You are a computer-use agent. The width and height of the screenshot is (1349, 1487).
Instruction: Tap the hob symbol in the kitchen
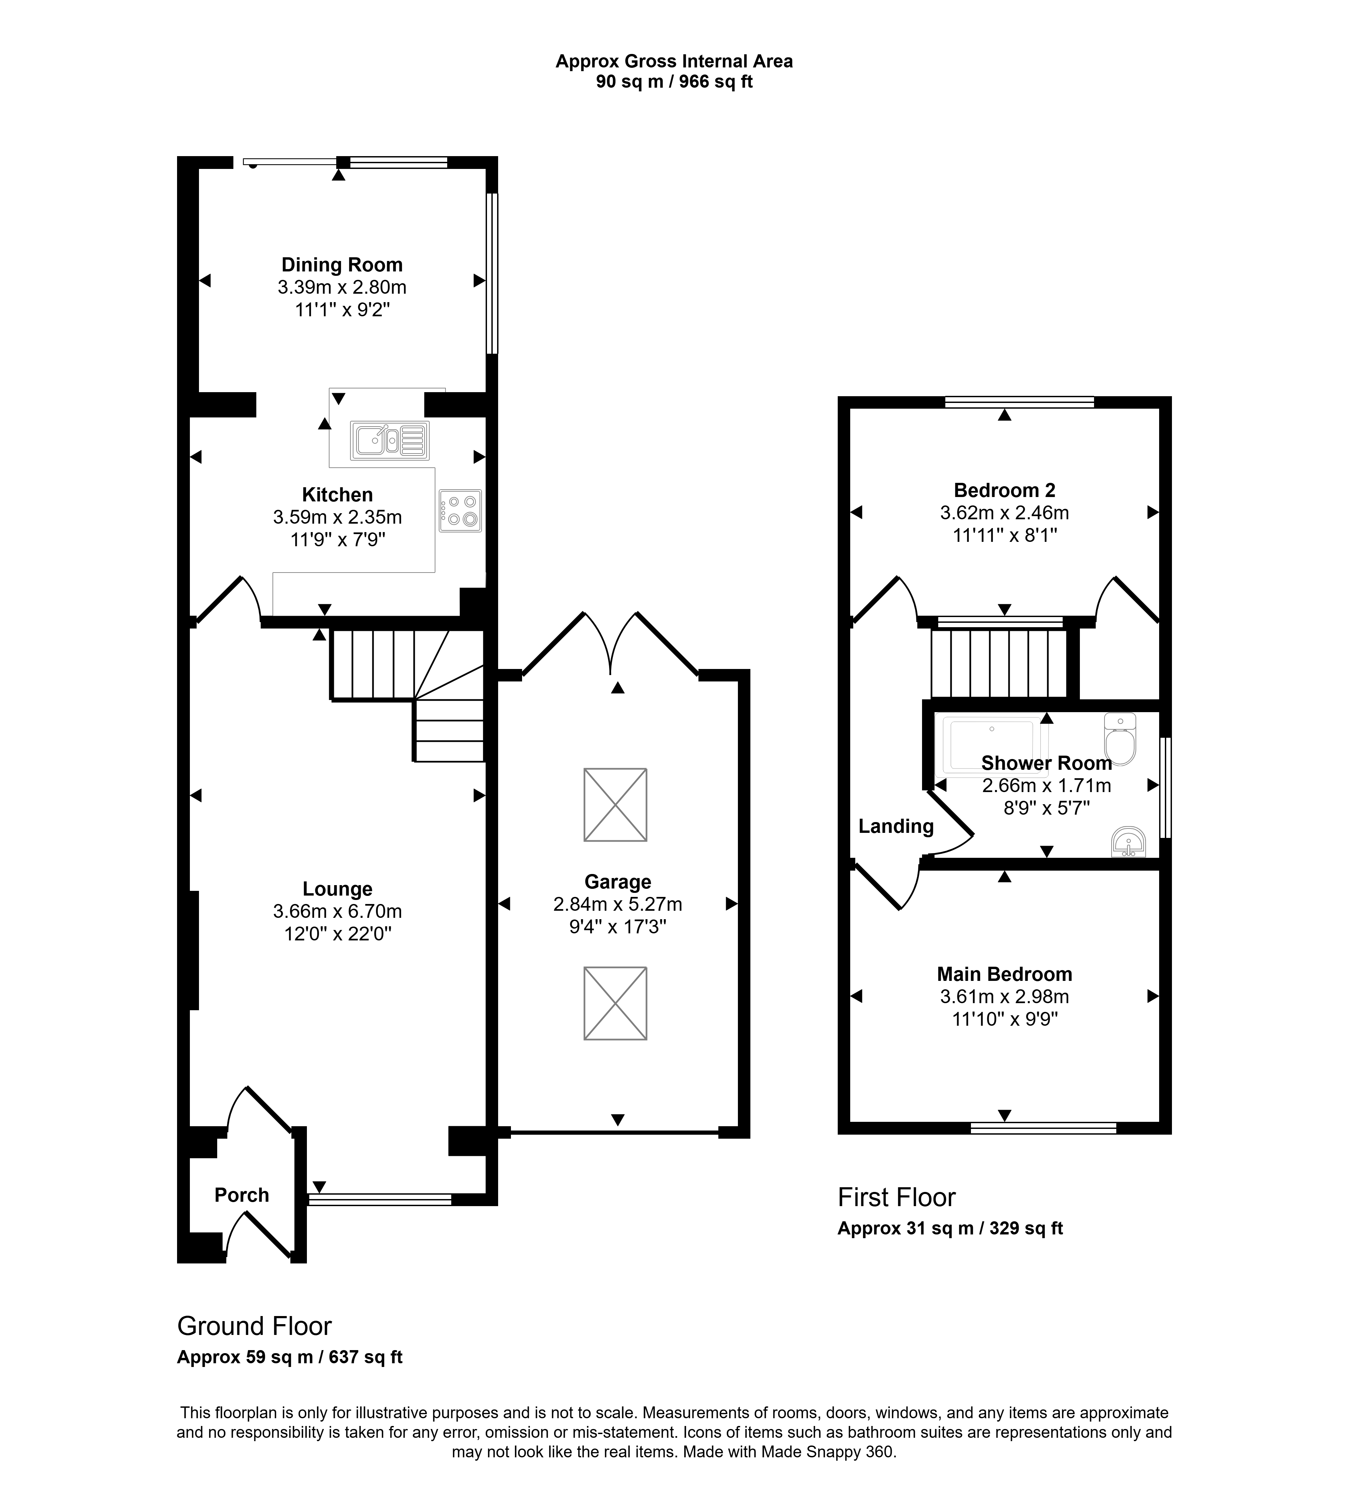coord(460,511)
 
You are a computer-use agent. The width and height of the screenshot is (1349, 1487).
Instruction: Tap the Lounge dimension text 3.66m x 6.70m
coord(337,912)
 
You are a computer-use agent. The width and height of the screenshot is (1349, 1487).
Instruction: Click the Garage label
coord(618,882)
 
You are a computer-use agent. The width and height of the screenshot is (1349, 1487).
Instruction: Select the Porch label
coord(242,1195)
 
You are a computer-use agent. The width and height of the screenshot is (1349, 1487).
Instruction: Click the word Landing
coord(896,827)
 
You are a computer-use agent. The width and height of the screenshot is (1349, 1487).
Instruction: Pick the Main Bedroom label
coord(1005,974)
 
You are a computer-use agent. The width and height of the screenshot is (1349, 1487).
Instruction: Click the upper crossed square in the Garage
coord(615,805)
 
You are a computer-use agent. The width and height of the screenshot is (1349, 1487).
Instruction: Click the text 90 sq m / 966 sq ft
coord(674,82)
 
